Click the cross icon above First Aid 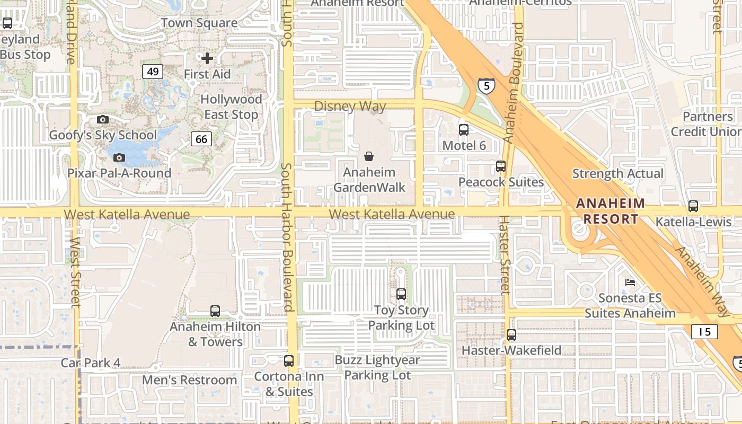pyautogui.click(x=207, y=58)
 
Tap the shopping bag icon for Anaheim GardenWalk pyautogui.click(x=369, y=156)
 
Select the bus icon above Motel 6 pyautogui.click(x=464, y=129)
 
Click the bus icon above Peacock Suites pyautogui.click(x=501, y=166)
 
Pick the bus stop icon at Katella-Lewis pyautogui.click(x=693, y=206)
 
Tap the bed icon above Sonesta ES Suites pyautogui.click(x=630, y=282)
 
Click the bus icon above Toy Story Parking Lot pyautogui.click(x=401, y=294)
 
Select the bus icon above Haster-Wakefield pyautogui.click(x=511, y=334)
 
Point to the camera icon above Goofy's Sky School pyautogui.click(x=103, y=120)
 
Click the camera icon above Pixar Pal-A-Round pyautogui.click(x=119, y=157)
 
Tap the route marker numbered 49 pyautogui.click(x=152, y=72)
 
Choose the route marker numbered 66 pyautogui.click(x=201, y=139)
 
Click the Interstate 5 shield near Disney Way pyautogui.click(x=486, y=85)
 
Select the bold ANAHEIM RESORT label pyautogui.click(x=611, y=211)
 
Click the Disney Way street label pyautogui.click(x=350, y=107)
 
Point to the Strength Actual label pyautogui.click(x=618, y=174)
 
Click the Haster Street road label pyautogui.click(x=505, y=254)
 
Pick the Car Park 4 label pyautogui.click(x=91, y=363)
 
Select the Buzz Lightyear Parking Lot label pyautogui.click(x=377, y=367)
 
